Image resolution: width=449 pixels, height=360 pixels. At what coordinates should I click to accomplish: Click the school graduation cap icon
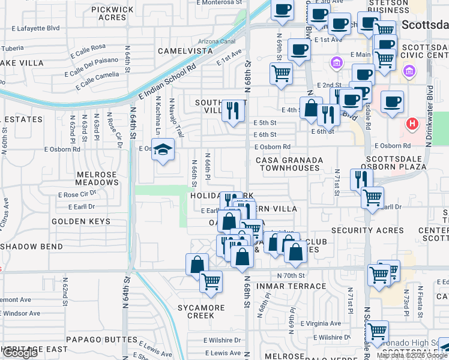162,149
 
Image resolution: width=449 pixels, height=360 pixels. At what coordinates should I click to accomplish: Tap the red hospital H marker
412,124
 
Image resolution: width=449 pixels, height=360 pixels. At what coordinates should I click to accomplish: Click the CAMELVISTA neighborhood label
185,51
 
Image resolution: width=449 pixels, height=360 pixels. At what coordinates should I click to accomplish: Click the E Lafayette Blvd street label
36,28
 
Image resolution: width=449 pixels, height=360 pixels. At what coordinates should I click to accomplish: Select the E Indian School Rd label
167,81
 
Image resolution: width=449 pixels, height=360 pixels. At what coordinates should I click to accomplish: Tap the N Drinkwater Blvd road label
429,115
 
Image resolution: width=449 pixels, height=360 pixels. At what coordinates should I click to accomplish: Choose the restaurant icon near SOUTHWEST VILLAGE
232,110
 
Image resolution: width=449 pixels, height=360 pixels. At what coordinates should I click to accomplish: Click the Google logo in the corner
20,353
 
